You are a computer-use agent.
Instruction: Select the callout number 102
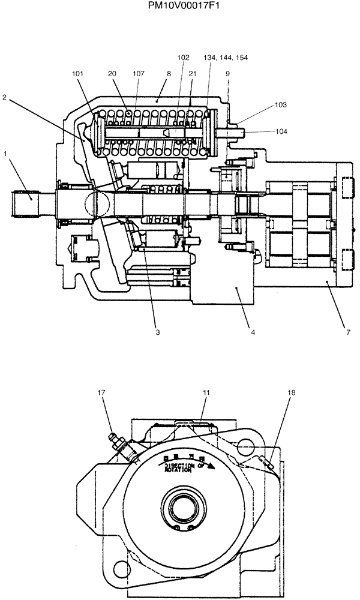183,58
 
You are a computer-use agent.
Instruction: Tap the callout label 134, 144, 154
226,58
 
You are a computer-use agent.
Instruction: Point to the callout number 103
281,104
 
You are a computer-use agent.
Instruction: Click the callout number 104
281,131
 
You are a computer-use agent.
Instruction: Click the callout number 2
4,97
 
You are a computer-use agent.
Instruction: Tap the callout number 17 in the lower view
101,393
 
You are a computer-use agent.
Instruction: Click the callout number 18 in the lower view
292,393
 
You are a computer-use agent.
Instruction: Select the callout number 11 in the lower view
205,393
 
